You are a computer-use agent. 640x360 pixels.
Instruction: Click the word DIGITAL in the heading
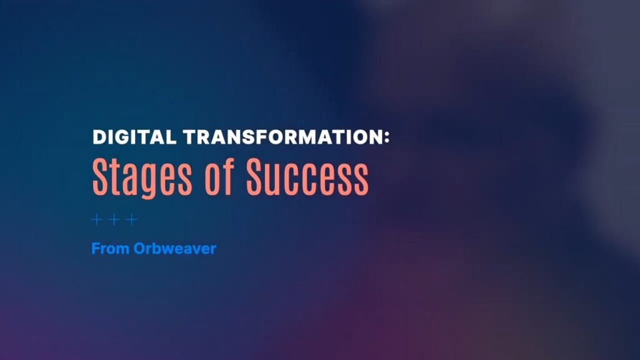[x=134, y=137]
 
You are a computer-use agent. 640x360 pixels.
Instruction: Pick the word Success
[x=307, y=176]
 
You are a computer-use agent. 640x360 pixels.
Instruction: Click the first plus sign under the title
[x=97, y=220]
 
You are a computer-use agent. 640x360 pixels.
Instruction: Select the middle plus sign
[x=114, y=220]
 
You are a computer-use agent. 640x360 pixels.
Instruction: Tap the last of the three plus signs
[x=131, y=220]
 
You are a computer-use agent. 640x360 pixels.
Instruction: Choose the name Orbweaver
[x=175, y=249]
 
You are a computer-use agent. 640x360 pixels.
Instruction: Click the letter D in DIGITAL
[x=99, y=137]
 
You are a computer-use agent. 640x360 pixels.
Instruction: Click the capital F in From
[x=96, y=249]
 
